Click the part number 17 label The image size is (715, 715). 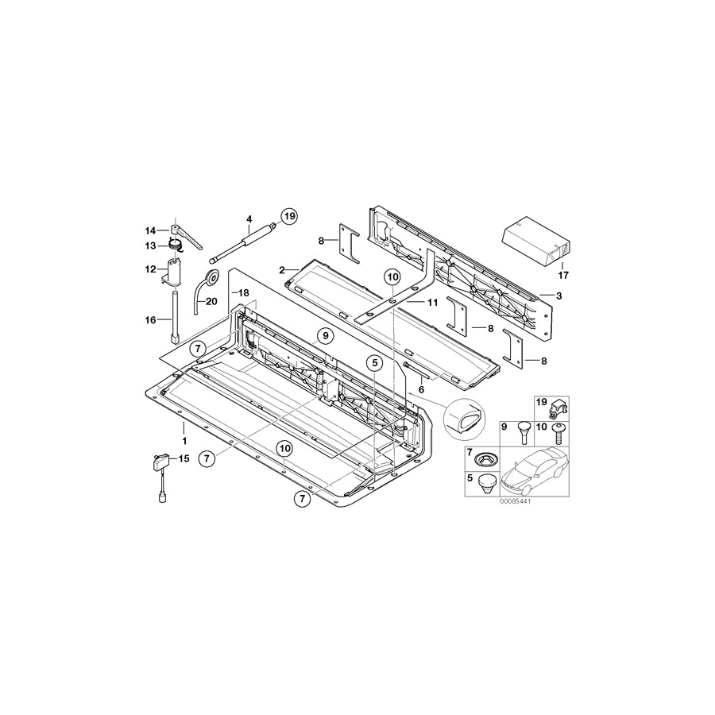point(564,276)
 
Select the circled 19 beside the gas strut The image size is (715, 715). point(288,215)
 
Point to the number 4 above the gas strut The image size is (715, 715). point(249,218)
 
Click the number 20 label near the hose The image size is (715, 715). point(211,301)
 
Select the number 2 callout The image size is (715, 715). point(281,271)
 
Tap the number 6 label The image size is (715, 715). point(421,390)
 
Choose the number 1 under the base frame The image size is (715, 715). point(184,439)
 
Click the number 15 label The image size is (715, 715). point(184,459)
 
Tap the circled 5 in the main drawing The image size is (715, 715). point(375,363)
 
